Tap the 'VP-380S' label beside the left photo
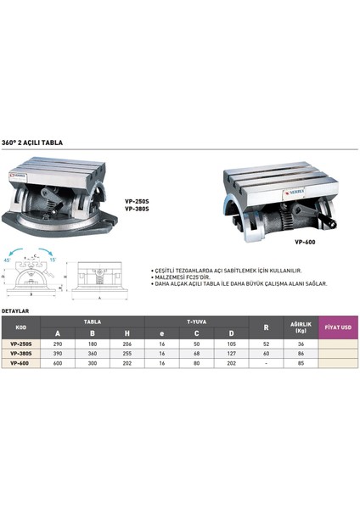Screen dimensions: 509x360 [125, 209]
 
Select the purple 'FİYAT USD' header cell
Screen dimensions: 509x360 [339, 327]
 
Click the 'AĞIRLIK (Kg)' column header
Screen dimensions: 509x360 [299, 327]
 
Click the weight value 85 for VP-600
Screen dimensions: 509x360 [299, 362]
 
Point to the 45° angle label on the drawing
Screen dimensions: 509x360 [8, 260]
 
